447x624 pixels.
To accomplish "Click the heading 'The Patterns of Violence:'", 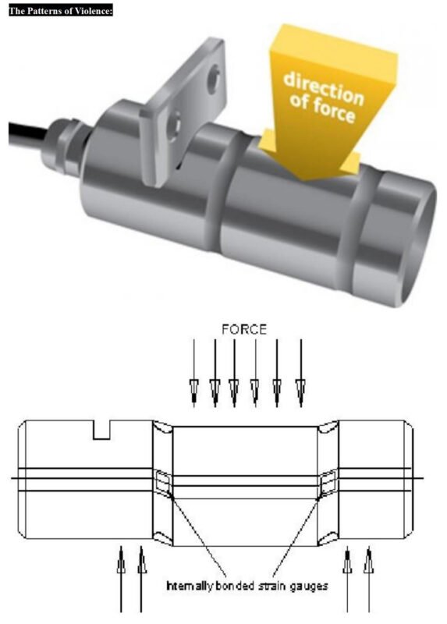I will pyautogui.click(x=61, y=9).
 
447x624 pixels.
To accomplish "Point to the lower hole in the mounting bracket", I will pyautogui.click(x=179, y=122).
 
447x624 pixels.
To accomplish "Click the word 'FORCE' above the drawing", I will pyautogui.click(x=244, y=329).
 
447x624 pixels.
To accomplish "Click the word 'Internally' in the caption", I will pyautogui.click(x=185, y=583).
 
